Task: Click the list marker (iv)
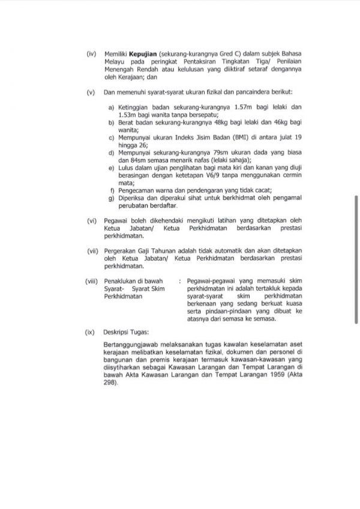(91, 55)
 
